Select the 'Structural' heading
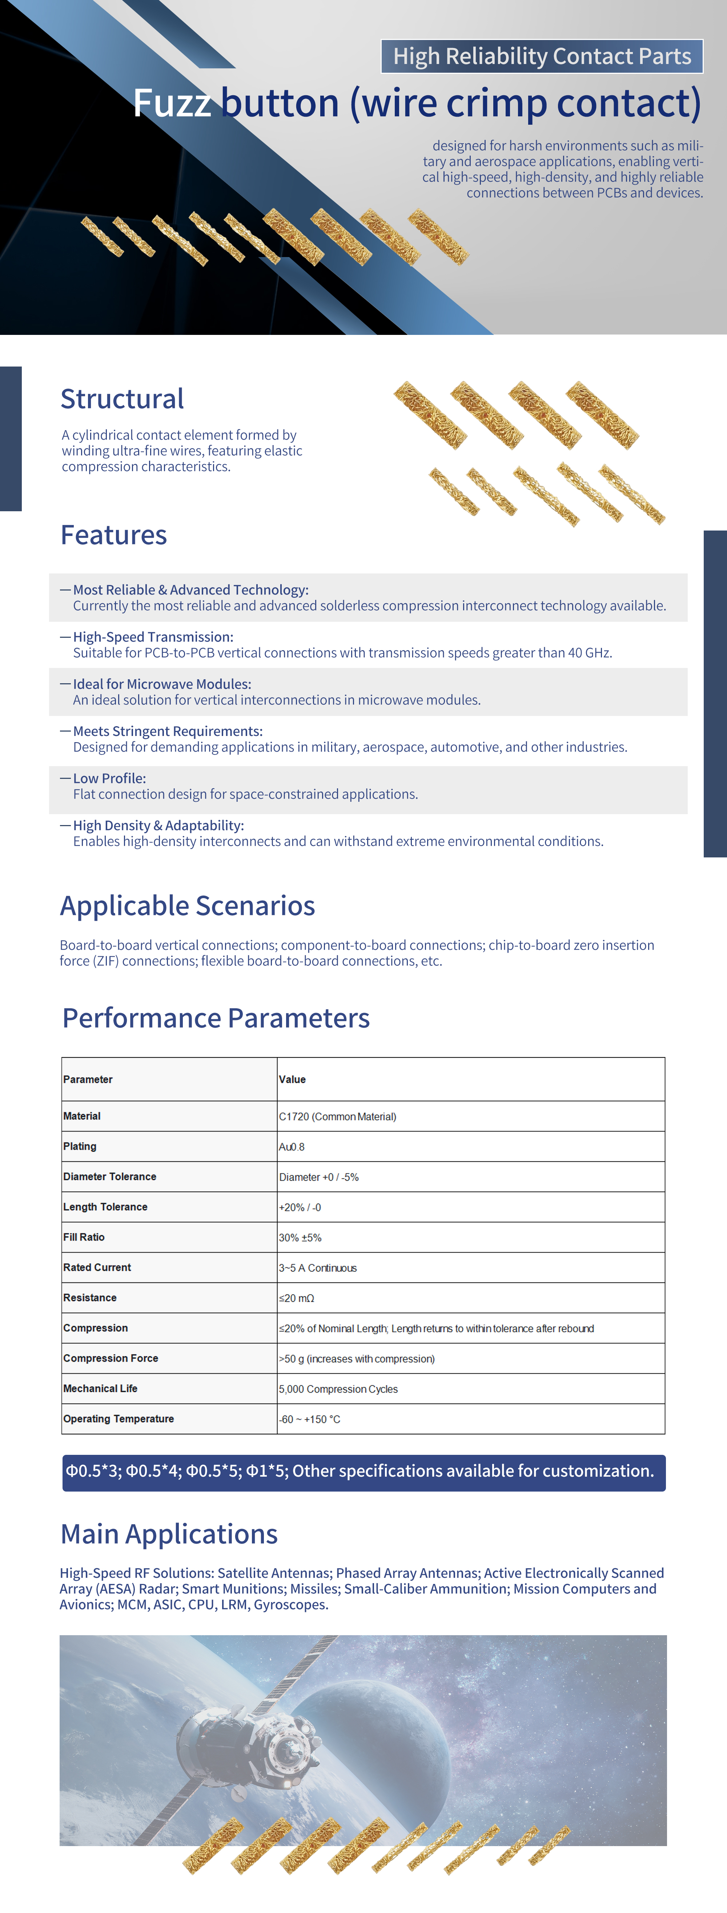[x=122, y=399]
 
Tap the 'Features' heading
[x=114, y=535]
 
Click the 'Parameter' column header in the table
[x=88, y=1079]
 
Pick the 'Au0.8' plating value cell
[x=292, y=1146]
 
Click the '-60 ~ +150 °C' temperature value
[x=310, y=1419]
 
